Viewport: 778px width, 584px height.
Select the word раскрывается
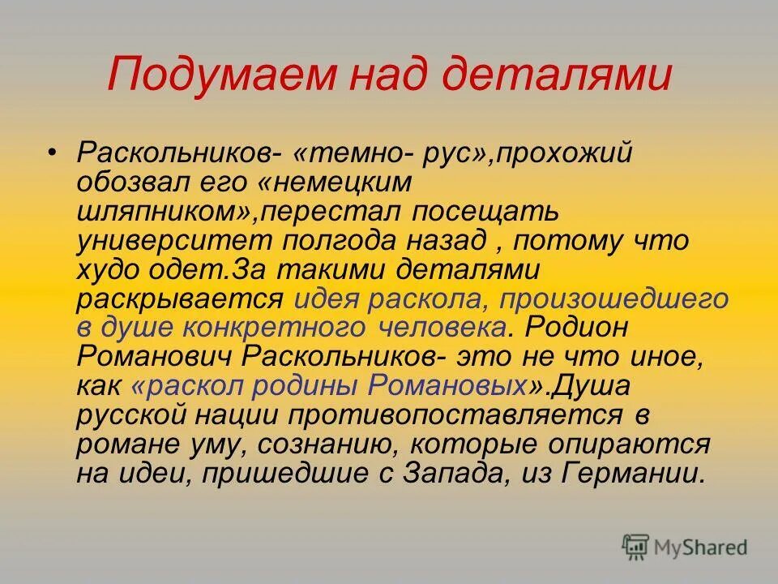(x=180, y=298)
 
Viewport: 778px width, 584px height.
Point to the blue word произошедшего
(x=613, y=298)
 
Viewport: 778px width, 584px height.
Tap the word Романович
(x=157, y=357)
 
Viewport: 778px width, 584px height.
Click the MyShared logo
(x=685, y=546)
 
